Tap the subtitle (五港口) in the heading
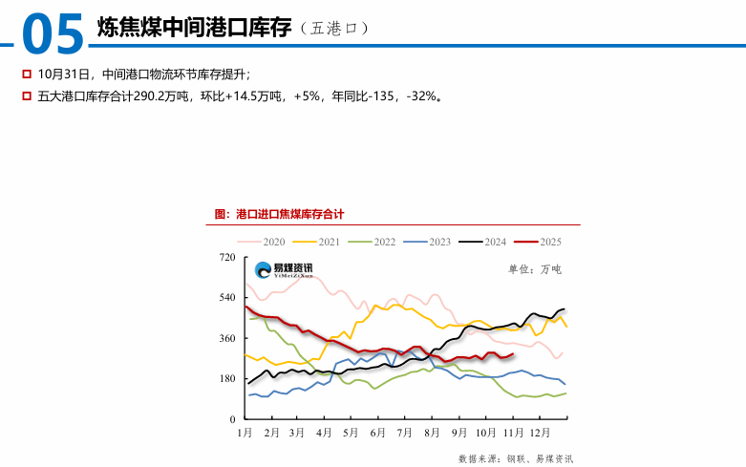coord(333,30)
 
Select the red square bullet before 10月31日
coord(27,74)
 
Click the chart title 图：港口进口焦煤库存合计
coord(279,214)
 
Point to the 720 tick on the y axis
coord(227,258)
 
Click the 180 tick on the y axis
coord(227,379)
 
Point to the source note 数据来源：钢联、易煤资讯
coord(516,458)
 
